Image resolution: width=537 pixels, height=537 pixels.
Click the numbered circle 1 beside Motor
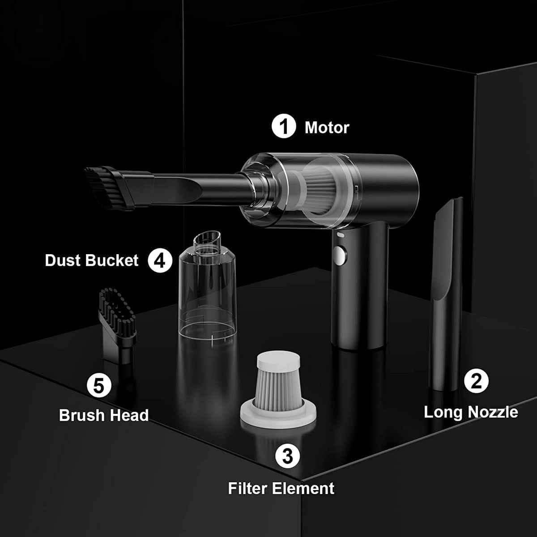[x=284, y=126]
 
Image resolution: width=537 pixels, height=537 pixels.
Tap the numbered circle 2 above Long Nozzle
[x=476, y=381]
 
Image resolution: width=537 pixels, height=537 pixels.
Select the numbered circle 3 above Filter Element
[x=288, y=456]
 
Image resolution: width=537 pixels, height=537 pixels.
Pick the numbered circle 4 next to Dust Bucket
[x=160, y=260]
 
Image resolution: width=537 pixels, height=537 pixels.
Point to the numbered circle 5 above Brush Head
[x=99, y=385]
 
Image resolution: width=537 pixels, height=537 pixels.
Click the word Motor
[x=327, y=128]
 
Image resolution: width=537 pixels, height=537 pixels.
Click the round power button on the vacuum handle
[x=340, y=255]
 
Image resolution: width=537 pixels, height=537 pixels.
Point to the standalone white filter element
[x=278, y=390]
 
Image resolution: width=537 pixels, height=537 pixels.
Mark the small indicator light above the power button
[x=340, y=235]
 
